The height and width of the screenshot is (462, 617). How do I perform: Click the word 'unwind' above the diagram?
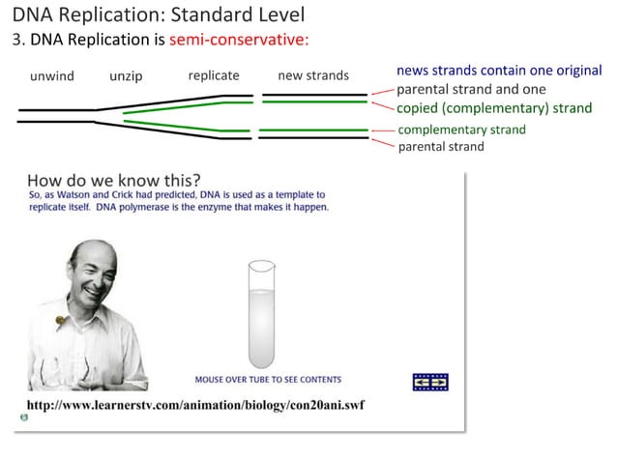(51, 76)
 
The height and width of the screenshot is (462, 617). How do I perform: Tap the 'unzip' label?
(126, 76)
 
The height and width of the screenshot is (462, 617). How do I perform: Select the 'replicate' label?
(214, 75)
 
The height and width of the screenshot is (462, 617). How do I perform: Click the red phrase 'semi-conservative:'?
(239, 41)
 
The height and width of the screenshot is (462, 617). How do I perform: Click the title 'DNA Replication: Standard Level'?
(158, 14)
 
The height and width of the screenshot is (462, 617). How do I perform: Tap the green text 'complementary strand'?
(461, 130)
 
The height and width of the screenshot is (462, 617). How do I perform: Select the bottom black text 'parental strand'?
(440, 147)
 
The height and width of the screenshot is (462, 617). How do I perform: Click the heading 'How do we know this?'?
(114, 180)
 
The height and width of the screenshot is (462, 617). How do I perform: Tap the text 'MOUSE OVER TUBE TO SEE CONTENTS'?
(268, 380)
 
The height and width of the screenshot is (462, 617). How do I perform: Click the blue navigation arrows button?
(430, 382)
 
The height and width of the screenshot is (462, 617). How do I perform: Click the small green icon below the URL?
(23, 419)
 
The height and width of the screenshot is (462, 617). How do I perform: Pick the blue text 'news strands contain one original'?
(499, 72)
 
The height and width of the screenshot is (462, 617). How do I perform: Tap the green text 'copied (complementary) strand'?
(494, 108)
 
